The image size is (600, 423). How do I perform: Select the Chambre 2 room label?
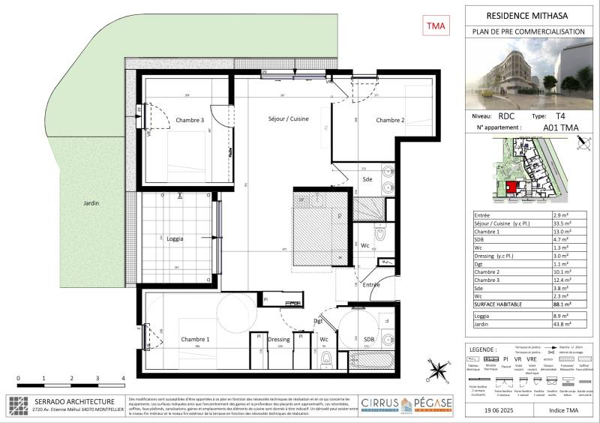(390, 120)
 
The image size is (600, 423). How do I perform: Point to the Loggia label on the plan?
(174, 238)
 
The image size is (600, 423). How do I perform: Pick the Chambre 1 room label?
(195, 339)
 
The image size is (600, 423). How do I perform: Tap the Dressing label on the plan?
(278, 339)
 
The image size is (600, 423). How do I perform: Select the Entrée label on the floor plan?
(371, 284)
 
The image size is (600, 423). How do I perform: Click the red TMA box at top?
(436, 26)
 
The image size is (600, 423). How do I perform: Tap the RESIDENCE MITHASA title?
(528, 14)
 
